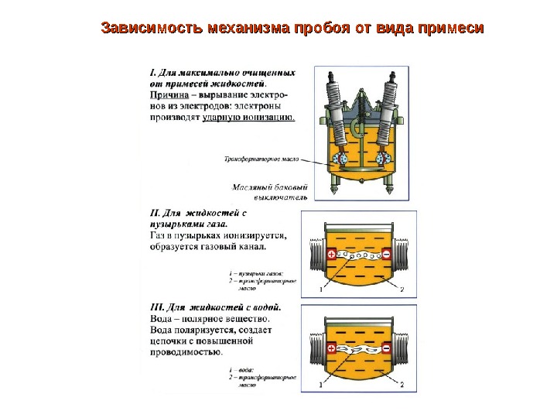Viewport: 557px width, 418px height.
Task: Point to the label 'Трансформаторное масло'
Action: pos(258,160)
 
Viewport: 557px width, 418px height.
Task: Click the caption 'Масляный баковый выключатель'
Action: pos(270,192)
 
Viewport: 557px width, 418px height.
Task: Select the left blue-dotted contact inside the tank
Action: pos(339,159)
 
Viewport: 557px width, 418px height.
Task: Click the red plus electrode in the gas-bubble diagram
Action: pos(332,255)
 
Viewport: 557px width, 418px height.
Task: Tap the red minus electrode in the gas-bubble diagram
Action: pos(387,255)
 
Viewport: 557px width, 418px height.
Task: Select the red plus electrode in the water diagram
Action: pos(332,349)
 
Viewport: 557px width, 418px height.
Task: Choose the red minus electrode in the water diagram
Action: pos(387,349)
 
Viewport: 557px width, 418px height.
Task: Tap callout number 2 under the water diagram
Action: pos(402,384)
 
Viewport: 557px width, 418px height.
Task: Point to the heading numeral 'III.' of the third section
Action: pos(155,307)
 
